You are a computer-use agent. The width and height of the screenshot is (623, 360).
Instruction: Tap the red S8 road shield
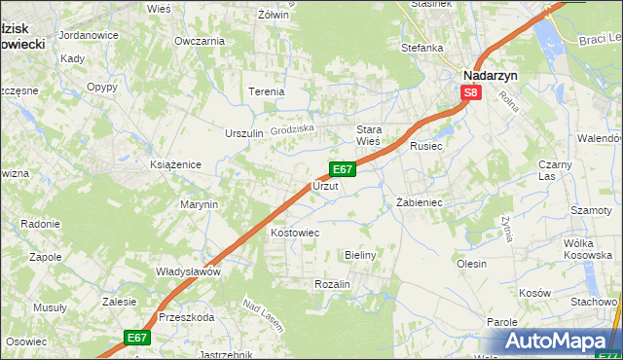click(x=471, y=93)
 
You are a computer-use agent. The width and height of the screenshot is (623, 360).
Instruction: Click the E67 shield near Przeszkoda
click(x=137, y=338)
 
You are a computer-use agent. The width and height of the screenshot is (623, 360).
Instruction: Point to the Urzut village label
click(x=324, y=185)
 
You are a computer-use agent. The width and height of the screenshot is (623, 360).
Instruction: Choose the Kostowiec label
click(x=295, y=234)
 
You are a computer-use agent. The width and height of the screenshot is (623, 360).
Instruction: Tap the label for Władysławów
click(x=189, y=272)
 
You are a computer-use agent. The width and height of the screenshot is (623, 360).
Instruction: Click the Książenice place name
click(x=175, y=164)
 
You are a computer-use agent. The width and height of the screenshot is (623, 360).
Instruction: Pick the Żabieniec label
click(x=420, y=202)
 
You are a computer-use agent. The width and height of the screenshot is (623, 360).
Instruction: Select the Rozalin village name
click(x=332, y=283)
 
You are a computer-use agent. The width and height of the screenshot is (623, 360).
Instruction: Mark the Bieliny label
click(x=360, y=254)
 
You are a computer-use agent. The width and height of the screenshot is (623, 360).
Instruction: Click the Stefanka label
click(x=421, y=46)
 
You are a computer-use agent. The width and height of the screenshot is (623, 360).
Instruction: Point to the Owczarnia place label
click(x=200, y=41)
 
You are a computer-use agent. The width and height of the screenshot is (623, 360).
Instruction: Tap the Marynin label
click(x=199, y=204)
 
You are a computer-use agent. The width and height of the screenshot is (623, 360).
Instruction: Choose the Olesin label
click(x=471, y=264)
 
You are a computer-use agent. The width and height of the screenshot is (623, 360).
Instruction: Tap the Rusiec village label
click(x=426, y=146)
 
